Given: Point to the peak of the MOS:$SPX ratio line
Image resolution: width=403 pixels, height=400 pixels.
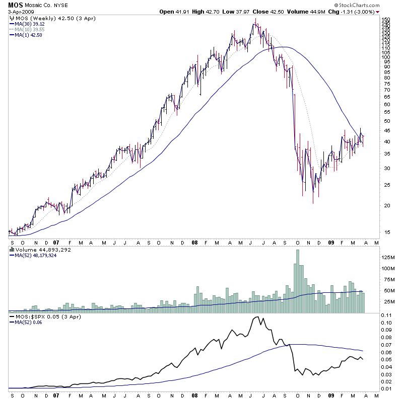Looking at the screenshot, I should coord(257,317).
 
